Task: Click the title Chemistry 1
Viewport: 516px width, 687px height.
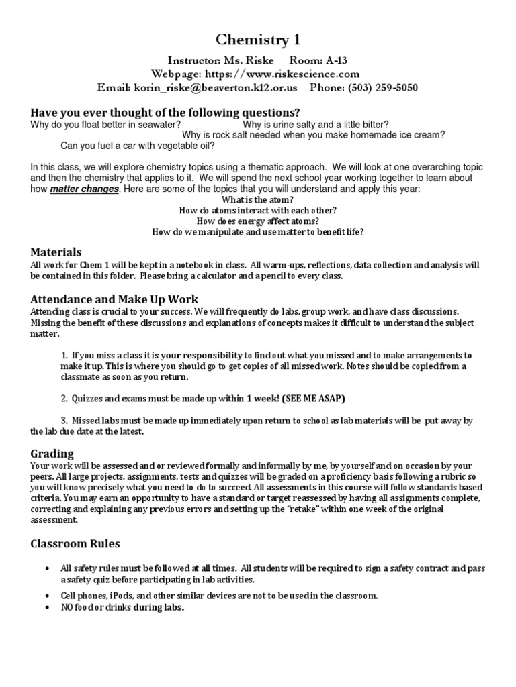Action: point(258,41)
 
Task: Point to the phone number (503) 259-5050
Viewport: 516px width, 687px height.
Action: point(384,87)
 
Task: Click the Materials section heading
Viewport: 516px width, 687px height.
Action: point(56,252)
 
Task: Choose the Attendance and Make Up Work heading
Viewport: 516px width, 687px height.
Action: point(114,299)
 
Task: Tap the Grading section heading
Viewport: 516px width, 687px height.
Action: point(52,454)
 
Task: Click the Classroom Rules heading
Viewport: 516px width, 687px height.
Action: point(75,543)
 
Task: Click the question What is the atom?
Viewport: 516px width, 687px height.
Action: point(257,200)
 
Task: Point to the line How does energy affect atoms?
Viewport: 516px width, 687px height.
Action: point(257,221)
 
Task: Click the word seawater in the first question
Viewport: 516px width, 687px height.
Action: point(160,125)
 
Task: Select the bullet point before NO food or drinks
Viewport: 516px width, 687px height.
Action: point(46,607)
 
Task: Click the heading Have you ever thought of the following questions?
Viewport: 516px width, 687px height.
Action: point(165,112)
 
